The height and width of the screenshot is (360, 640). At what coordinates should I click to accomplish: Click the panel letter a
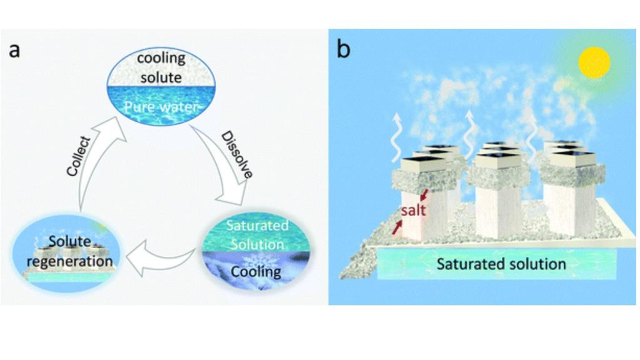click(14, 49)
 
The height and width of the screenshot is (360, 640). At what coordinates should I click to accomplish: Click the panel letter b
click(343, 48)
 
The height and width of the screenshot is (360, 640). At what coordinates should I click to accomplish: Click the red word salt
click(413, 210)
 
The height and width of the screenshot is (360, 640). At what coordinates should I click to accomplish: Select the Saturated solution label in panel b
click(501, 263)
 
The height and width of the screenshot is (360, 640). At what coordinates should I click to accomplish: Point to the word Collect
click(79, 156)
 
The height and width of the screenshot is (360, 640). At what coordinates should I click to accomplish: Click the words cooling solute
click(161, 67)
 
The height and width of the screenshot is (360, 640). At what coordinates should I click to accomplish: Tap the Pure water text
click(161, 107)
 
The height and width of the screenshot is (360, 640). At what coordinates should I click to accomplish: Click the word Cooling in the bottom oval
click(256, 272)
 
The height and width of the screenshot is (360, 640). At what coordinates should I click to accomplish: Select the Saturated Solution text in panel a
click(257, 234)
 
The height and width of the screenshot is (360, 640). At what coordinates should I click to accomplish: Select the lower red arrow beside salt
click(396, 227)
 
